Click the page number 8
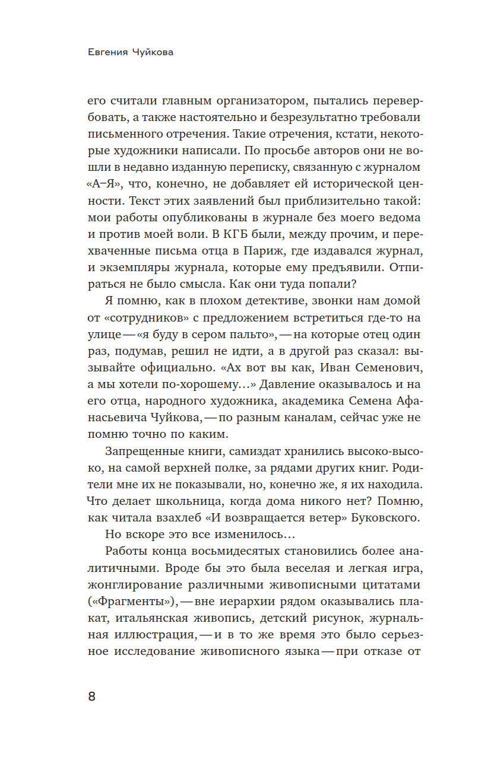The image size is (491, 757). [91, 696]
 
